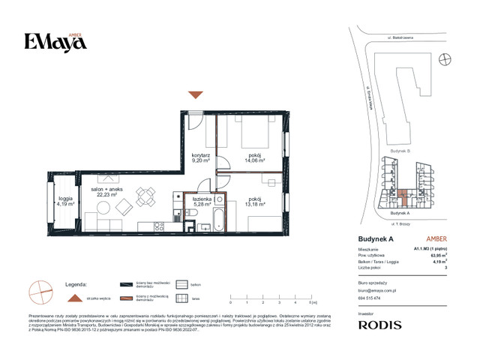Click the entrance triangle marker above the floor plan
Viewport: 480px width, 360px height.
(x=195, y=94)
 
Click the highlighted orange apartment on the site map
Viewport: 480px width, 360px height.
(x=404, y=198)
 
